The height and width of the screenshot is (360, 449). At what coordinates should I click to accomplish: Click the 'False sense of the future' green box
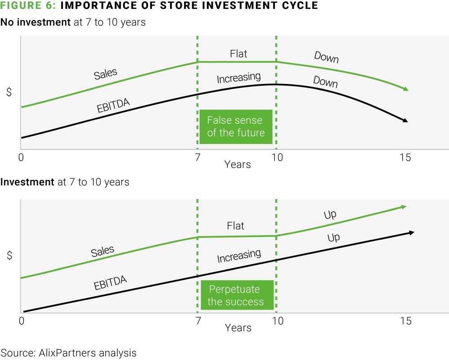[x=236, y=126]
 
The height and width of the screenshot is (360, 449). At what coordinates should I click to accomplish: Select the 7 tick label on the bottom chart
[x=198, y=321]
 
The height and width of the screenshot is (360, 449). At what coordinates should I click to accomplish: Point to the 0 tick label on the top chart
[x=21, y=158]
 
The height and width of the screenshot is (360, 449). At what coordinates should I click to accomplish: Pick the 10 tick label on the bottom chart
[x=277, y=321]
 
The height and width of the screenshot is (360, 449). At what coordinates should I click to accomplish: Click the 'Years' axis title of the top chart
[x=238, y=164]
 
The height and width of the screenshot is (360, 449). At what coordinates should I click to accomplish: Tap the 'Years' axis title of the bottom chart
[x=238, y=328]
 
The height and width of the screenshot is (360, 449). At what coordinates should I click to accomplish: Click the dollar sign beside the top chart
[x=9, y=92]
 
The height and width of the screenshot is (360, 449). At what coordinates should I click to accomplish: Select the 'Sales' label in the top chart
[x=106, y=74]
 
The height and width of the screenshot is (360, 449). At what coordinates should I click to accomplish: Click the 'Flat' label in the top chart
[x=238, y=54]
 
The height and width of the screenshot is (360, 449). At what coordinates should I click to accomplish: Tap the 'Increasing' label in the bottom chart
[x=239, y=256]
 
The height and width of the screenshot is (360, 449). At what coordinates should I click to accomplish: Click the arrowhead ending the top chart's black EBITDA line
[x=405, y=120]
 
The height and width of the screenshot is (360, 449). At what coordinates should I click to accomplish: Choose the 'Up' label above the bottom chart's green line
[x=330, y=215]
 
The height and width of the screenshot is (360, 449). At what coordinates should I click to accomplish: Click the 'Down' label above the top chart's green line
[x=326, y=57]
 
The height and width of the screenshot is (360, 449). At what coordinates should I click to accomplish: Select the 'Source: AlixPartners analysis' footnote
[x=68, y=352]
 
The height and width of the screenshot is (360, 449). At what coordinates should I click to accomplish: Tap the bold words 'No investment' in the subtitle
[x=35, y=22]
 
